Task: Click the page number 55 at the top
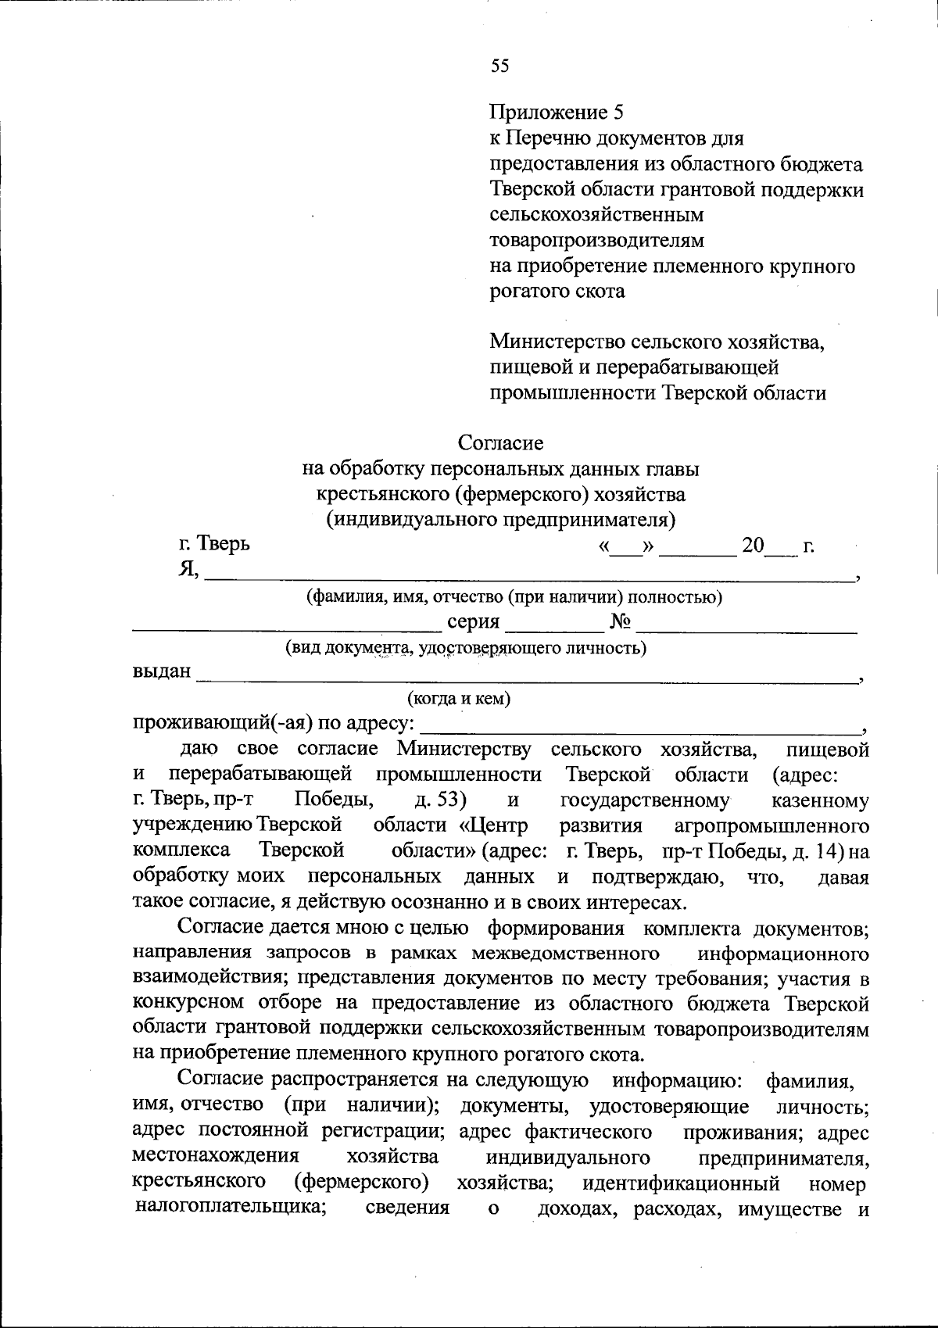pos(500,66)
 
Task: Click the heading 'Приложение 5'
pos(557,113)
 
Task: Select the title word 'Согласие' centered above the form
pos(500,442)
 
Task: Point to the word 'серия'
pos(473,622)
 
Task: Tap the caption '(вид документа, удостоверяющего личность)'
pos(465,647)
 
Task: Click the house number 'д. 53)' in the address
pos(442,800)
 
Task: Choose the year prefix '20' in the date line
pos(753,545)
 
